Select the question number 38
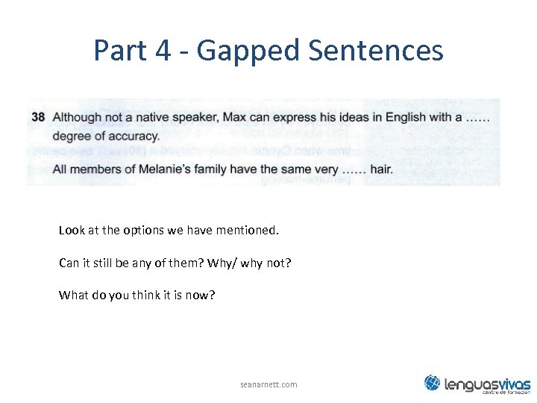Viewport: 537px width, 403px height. tap(39, 117)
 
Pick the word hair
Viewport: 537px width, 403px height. tap(381, 169)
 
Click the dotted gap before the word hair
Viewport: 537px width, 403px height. tap(354, 169)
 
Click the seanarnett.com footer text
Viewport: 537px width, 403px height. tap(268, 384)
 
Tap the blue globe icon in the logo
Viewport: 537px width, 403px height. tap(433, 383)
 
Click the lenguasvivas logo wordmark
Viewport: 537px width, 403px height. tap(487, 384)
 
